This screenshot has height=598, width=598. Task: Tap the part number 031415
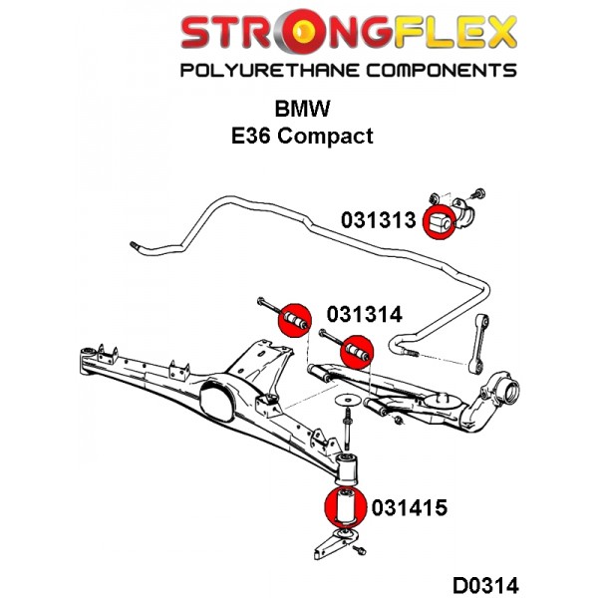tap(408, 507)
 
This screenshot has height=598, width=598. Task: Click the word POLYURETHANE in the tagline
tap(264, 70)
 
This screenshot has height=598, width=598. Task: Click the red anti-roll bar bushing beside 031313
tap(441, 223)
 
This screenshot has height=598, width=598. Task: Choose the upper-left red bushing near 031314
tap(293, 317)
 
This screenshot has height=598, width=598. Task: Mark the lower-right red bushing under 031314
tap(356, 352)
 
